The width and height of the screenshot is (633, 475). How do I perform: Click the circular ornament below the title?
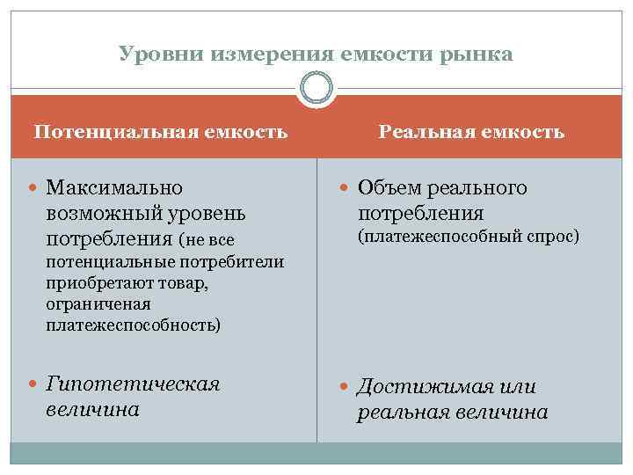pos(316,90)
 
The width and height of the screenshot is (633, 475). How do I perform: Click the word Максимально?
pos(114,187)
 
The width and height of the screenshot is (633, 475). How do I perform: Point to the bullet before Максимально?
pos(33,188)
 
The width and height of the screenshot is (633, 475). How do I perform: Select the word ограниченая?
pos(98,304)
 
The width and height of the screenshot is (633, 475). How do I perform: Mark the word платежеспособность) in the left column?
pos(134,325)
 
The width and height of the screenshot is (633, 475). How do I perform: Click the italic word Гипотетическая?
pos(132,384)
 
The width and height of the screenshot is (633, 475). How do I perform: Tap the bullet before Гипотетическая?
pos(33,385)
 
